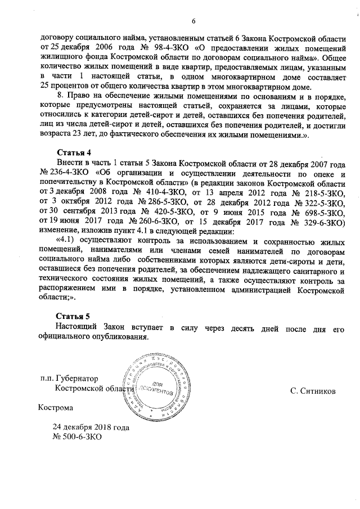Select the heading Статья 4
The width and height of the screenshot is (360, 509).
click(x=74, y=154)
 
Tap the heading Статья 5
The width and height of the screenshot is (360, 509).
click(x=74, y=316)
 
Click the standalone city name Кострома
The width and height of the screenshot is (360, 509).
click(x=55, y=407)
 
